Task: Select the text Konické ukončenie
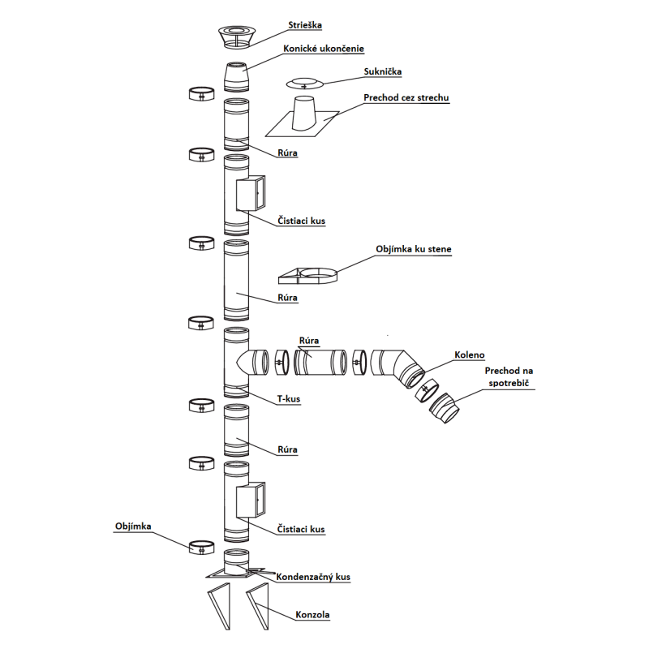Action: tap(318, 48)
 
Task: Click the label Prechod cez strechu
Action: tap(406, 98)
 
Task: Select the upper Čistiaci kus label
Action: tap(300, 220)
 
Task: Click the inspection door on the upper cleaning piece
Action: tap(248, 193)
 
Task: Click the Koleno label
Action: tap(470, 354)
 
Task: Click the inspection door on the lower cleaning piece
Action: tap(248, 501)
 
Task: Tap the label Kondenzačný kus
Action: tap(313, 577)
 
